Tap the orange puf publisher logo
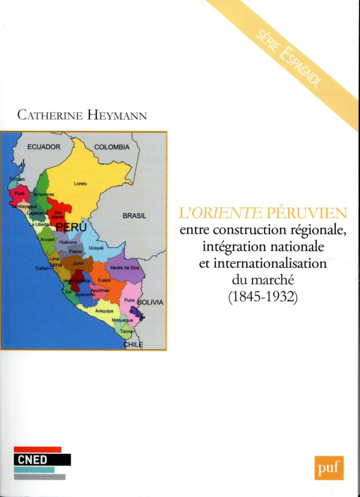point(329,468)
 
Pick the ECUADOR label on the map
point(44,147)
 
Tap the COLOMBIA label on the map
point(112,147)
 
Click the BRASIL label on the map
point(135,216)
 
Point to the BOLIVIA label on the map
point(150,302)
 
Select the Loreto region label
point(81,183)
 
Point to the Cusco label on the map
point(104,281)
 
